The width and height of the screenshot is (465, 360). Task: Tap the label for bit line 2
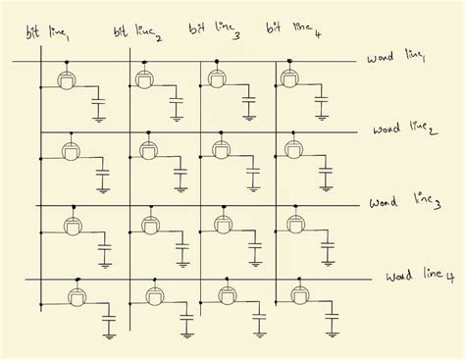pos(137,33)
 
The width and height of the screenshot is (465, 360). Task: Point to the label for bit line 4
pos(287,29)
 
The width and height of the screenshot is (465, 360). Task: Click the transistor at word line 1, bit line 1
pos(67,79)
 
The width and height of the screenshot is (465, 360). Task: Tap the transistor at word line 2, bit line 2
pos(148,150)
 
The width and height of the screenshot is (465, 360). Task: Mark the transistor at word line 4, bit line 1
pos(73,296)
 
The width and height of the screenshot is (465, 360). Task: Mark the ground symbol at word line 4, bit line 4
pos(333,334)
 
